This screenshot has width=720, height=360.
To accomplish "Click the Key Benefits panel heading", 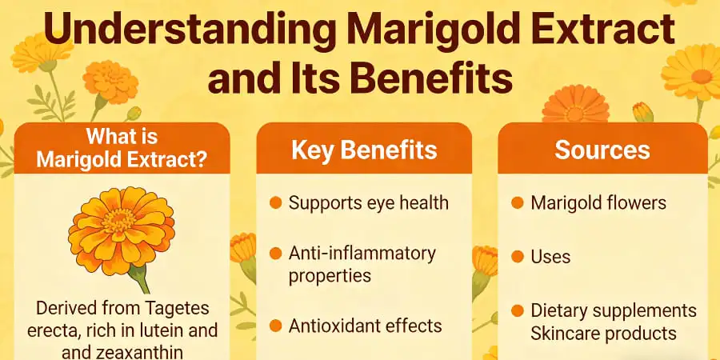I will (364, 150).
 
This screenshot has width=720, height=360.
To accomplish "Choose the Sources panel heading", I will (602, 150).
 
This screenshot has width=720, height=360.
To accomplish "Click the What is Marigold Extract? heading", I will (122, 148).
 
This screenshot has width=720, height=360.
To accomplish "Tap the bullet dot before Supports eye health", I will (275, 202).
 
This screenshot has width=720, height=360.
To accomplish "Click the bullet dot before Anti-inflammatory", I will (275, 254).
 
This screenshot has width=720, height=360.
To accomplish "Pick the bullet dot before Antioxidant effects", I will (275, 326).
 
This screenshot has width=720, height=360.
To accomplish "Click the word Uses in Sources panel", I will (550, 257).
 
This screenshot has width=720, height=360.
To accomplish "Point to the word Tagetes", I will (185, 306).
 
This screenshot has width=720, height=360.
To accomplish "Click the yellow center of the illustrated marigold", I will (121, 222).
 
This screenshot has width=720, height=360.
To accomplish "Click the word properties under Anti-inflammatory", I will (330, 275).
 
